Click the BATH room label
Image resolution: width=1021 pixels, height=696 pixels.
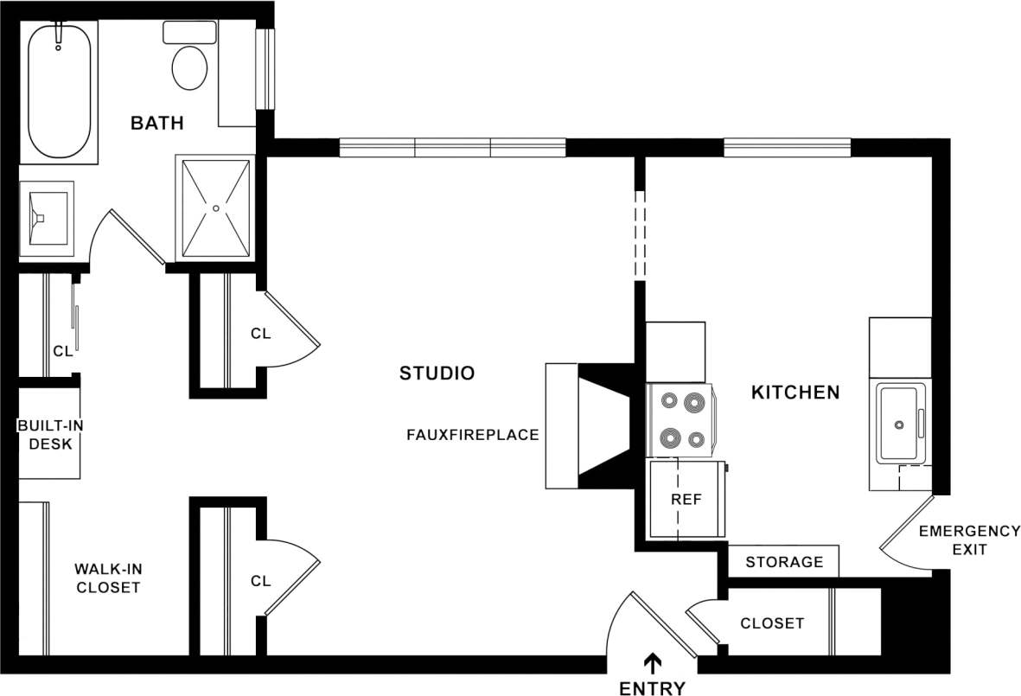156,123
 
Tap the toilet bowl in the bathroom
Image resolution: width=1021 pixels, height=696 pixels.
189,67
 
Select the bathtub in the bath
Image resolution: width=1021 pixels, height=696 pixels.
59,91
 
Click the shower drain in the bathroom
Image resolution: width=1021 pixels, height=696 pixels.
215,208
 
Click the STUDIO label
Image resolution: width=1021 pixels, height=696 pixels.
437,374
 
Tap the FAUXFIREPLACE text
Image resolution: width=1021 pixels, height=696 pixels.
472,435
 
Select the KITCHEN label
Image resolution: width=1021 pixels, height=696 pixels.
794,393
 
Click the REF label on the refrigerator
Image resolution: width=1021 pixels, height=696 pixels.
686,500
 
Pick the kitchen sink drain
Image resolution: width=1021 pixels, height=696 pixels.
899,425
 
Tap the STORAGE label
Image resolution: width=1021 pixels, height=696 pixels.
784,562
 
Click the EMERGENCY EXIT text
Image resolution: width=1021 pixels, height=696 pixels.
957,540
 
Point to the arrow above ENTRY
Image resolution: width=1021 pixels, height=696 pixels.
653,662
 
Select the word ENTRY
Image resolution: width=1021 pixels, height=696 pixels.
652,688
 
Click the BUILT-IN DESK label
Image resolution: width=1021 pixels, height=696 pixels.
49,435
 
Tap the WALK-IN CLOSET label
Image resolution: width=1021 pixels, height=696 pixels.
107,578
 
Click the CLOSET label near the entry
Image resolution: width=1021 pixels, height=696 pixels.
772,623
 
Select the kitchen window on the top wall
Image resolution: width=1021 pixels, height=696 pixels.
787,148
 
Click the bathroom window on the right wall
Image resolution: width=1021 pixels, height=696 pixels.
265,69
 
